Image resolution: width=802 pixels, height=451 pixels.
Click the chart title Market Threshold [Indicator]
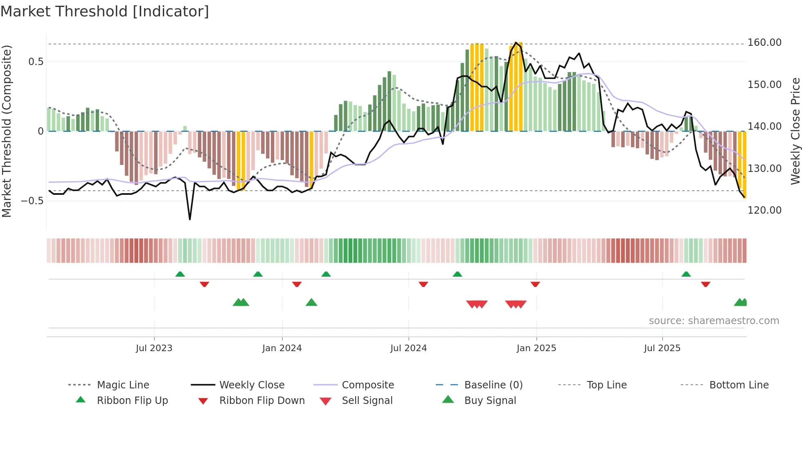click(105, 11)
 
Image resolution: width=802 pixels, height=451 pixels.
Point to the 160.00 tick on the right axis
click(764, 43)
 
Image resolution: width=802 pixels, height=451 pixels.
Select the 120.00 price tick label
click(764, 210)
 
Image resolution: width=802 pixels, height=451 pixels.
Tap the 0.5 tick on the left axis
click(36, 62)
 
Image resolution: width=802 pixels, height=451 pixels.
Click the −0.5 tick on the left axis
click(32, 201)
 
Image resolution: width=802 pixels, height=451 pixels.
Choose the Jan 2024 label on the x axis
click(282, 348)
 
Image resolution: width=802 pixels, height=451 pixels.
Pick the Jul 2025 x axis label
click(662, 348)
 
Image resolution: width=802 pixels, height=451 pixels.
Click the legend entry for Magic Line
click(123, 385)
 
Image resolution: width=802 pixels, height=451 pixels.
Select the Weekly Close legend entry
click(252, 385)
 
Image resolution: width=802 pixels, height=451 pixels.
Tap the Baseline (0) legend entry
click(493, 385)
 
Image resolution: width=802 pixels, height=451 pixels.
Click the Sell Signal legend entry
click(367, 401)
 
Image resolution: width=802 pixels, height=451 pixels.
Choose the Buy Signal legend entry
click(490, 401)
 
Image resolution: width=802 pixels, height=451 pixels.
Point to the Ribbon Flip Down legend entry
click(262, 401)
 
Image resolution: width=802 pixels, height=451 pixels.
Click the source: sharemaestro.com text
click(714, 321)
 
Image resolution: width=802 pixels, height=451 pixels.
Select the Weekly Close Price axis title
click(795, 131)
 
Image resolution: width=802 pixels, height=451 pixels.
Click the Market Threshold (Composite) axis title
click(7, 131)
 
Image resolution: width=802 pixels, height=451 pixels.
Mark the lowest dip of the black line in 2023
click(190, 219)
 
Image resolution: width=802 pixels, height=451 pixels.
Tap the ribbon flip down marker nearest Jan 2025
click(535, 284)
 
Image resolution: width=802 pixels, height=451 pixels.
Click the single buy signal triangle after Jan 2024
click(311, 302)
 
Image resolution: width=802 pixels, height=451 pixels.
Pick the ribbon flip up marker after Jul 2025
click(686, 274)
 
